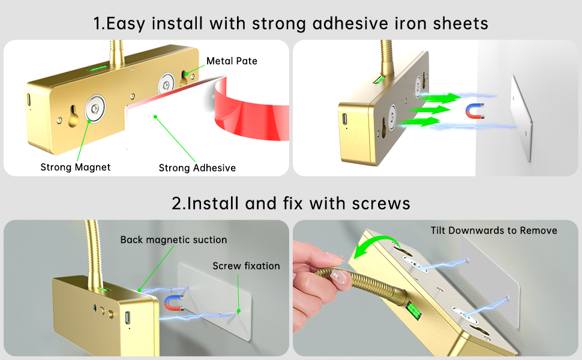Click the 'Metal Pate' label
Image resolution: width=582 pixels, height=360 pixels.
(232, 61)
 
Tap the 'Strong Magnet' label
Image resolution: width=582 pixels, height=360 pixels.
(76, 167)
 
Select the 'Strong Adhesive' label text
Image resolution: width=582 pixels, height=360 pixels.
(197, 168)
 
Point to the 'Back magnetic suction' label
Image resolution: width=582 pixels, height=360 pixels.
(173, 240)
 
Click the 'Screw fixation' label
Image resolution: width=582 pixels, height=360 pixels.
(246, 266)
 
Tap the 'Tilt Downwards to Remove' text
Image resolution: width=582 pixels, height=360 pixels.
(494, 230)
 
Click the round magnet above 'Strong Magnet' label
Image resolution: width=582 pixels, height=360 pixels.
(94, 108)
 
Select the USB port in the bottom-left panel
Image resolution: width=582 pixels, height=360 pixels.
(128, 317)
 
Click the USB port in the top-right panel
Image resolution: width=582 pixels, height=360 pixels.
(346, 119)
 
